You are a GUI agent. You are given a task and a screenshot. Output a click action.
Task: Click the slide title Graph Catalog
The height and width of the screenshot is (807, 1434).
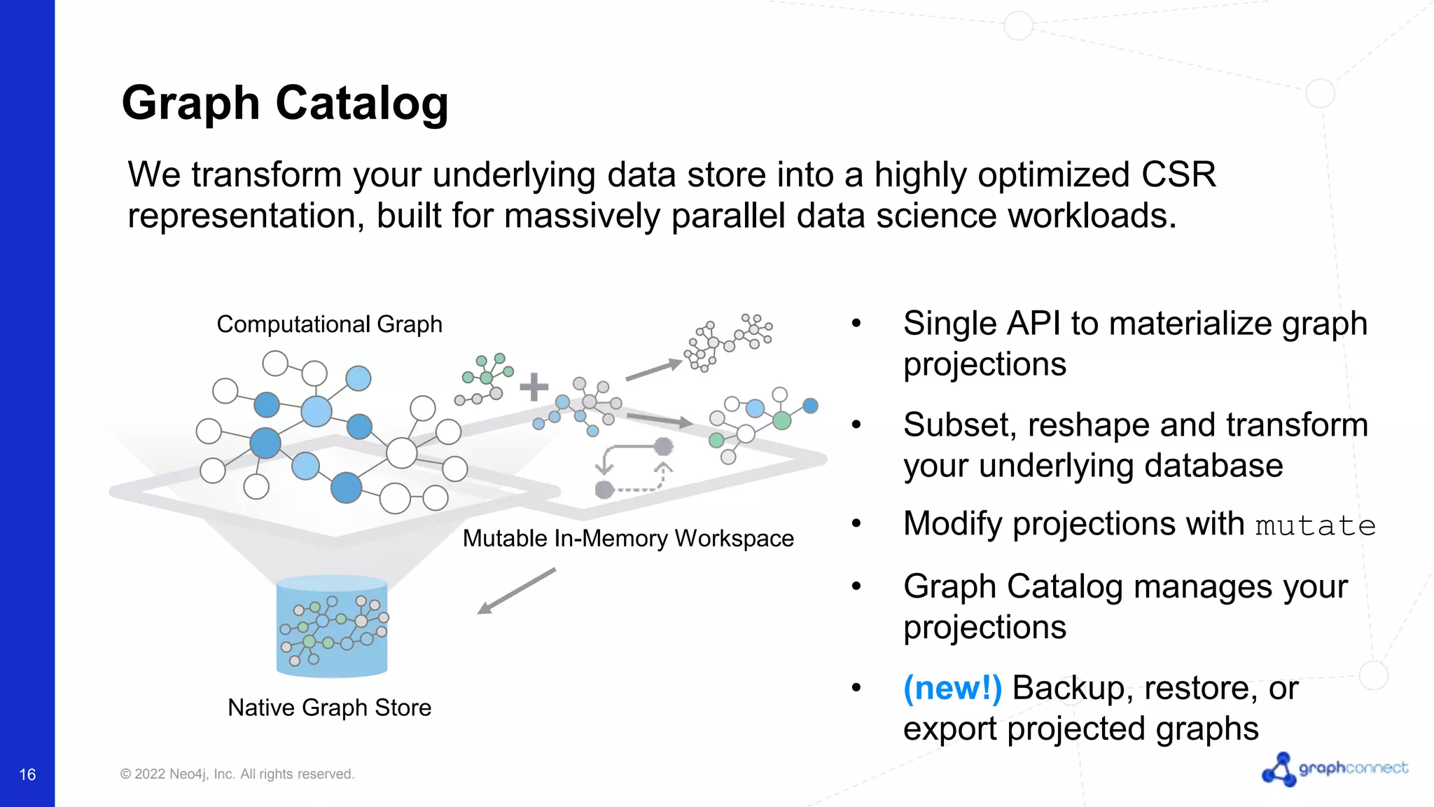click(x=285, y=103)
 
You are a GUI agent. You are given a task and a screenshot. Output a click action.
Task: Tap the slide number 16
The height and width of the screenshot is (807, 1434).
click(x=27, y=774)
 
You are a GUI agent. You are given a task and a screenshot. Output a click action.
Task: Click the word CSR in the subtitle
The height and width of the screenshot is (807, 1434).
click(x=1178, y=174)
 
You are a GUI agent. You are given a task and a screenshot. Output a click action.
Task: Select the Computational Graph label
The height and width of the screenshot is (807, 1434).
click(x=329, y=324)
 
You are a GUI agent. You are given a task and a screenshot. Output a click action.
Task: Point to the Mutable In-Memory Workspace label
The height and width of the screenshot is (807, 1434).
click(x=628, y=538)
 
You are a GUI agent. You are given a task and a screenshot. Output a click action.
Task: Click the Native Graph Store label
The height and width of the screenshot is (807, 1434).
click(x=329, y=708)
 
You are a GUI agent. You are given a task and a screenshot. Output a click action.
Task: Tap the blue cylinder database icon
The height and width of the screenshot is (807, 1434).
click(x=332, y=626)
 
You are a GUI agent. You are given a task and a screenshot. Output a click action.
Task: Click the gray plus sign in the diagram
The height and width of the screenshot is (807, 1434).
click(x=534, y=387)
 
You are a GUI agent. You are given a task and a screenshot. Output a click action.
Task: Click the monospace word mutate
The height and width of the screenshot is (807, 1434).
click(x=1315, y=526)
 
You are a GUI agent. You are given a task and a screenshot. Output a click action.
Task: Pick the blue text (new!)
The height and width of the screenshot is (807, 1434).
click(x=952, y=688)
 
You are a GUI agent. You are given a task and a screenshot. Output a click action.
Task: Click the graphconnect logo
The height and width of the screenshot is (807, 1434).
click(x=1335, y=769)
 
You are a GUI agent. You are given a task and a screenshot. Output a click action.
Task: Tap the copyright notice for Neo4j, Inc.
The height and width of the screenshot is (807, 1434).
click(x=237, y=774)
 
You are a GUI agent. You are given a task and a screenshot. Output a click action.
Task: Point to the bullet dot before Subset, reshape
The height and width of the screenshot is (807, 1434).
click(x=856, y=425)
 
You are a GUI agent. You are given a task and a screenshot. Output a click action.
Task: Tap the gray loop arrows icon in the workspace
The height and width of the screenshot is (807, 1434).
click(x=633, y=468)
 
